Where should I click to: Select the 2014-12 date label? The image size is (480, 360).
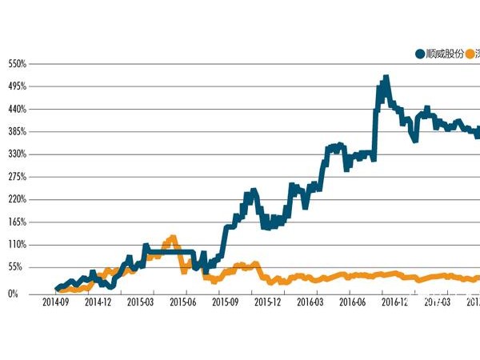point(98,302)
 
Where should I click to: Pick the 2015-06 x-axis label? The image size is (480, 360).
point(183,302)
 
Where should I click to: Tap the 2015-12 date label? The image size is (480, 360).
point(268,302)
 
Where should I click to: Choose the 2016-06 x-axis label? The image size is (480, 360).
point(353,302)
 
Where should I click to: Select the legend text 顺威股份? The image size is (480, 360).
point(445,54)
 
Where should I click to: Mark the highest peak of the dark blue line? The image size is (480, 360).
point(386,78)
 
